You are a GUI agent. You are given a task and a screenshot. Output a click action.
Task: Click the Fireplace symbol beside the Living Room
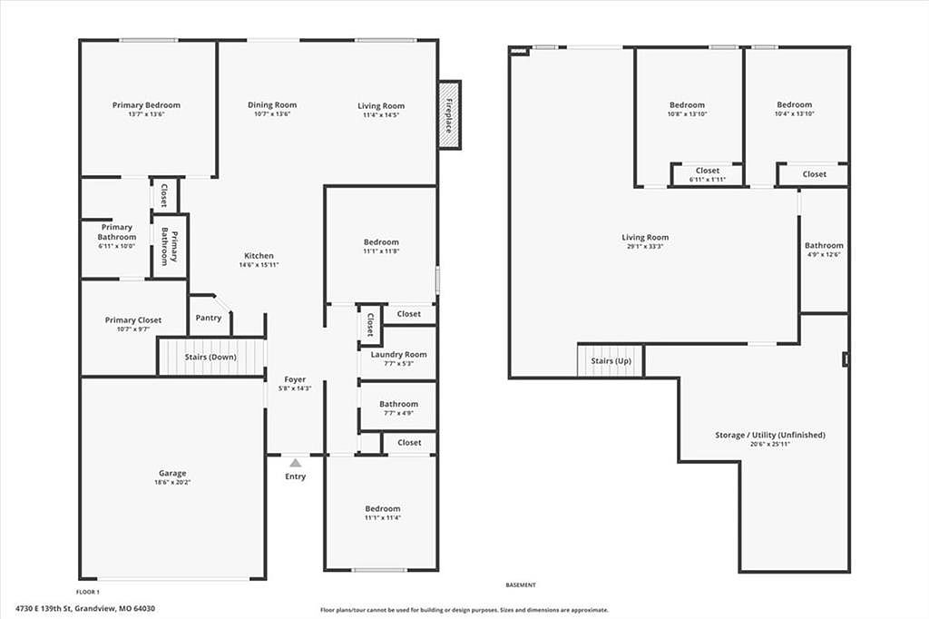click(449, 115)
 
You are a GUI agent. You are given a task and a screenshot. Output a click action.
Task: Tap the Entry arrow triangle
click(295, 463)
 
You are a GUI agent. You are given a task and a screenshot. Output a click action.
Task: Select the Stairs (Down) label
click(210, 357)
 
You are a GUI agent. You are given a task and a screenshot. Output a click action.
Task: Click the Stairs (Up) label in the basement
click(611, 360)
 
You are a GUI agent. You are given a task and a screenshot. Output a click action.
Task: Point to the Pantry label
click(209, 318)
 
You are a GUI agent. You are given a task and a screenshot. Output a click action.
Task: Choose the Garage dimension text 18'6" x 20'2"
click(172, 482)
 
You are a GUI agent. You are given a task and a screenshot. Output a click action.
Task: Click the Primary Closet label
click(133, 320)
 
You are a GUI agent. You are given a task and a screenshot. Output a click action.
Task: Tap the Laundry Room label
click(399, 355)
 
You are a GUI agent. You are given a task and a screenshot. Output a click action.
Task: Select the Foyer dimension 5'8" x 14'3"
click(295, 388)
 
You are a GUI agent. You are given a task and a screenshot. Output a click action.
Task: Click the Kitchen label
click(259, 256)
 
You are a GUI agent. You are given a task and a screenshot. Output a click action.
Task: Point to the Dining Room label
click(272, 105)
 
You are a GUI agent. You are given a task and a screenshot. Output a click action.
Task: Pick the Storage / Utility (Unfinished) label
click(770, 435)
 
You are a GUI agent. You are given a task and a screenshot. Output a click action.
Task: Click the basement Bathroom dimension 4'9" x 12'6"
click(824, 254)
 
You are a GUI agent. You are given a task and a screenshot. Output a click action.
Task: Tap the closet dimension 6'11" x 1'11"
click(708, 180)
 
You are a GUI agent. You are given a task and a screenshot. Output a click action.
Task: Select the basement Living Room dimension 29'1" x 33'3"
click(645, 246)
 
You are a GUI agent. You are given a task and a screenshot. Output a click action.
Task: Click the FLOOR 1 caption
click(88, 592)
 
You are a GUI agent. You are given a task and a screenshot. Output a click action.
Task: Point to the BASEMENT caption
click(521, 585)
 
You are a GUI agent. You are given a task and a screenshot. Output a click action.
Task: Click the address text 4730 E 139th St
click(44, 608)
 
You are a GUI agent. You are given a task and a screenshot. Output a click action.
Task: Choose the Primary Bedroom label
click(146, 105)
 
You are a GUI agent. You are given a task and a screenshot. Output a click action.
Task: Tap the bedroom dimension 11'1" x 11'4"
click(383, 517)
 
